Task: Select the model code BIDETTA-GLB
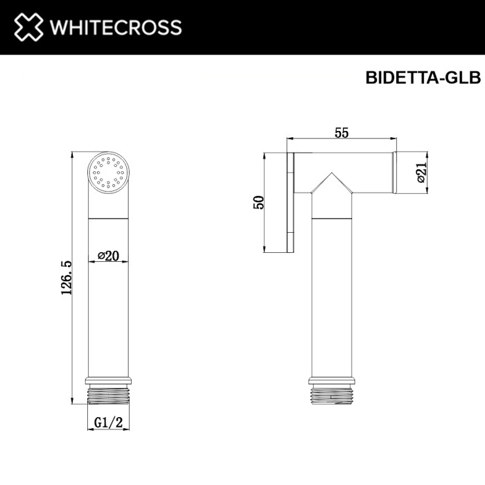[422, 78]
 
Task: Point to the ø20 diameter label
[109, 256]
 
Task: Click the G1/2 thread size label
[109, 421]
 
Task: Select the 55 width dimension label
[341, 134]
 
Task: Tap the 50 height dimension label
[259, 202]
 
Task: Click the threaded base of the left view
[109, 394]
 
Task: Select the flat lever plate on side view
[292, 202]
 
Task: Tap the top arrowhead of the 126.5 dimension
[73, 154]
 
